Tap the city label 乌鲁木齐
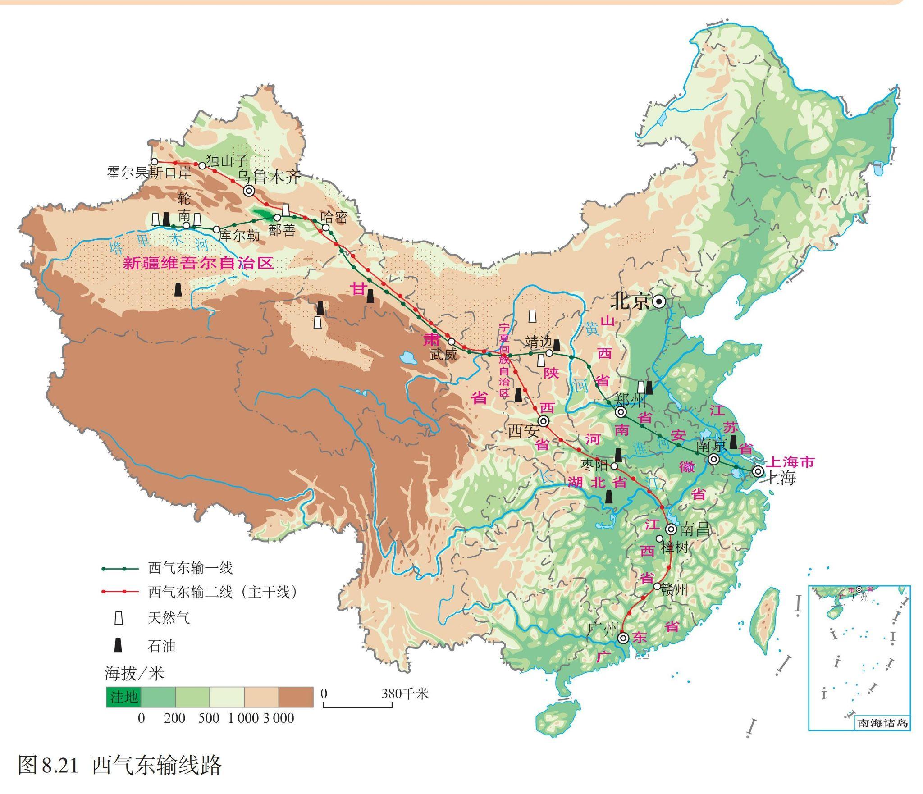click(x=269, y=177)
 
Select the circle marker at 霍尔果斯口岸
click(x=155, y=161)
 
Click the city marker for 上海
click(x=758, y=471)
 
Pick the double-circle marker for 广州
click(x=623, y=638)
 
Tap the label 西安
click(x=523, y=431)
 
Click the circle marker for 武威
click(x=451, y=341)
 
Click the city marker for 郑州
click(x=621, y=412)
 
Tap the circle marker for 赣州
click(x=657, y=586)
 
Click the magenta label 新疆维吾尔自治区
click(x=198, y=264)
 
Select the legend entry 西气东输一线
click(x=190, y=568)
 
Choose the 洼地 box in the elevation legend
click(x=123, y=697)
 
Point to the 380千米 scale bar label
click(x=404, y=694)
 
